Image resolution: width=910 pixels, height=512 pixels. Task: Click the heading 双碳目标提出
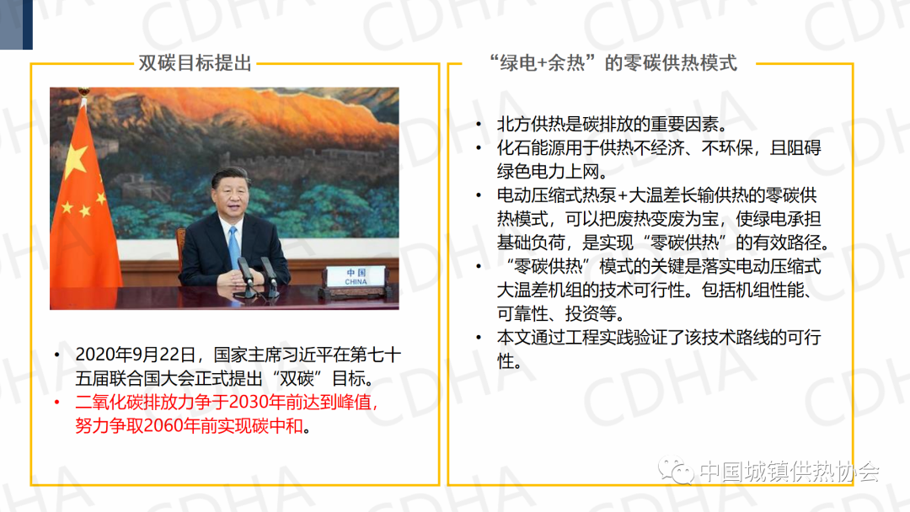(195, 62)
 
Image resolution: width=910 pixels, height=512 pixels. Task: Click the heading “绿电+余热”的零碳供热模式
(613, 62)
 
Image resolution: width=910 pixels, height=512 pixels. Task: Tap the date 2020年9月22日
(135, 355)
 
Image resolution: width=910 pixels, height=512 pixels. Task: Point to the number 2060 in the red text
(163, 425)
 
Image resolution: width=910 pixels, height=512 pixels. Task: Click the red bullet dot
(57, 402)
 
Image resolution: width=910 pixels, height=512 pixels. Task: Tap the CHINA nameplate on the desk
(356, 276)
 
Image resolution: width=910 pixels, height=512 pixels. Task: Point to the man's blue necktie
(233, 247)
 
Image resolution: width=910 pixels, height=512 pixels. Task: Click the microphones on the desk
(255, 277)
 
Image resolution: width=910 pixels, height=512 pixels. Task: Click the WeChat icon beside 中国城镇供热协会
(676, 470)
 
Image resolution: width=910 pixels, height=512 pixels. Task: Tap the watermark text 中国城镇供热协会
(790, 471)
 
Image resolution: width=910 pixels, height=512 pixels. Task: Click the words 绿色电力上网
(548, 171)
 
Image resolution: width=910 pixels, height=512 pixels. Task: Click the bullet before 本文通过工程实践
(479, 337)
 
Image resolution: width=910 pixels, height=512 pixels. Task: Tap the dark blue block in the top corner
(16, 24)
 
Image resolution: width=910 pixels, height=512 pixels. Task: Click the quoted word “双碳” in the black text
(297, 378)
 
